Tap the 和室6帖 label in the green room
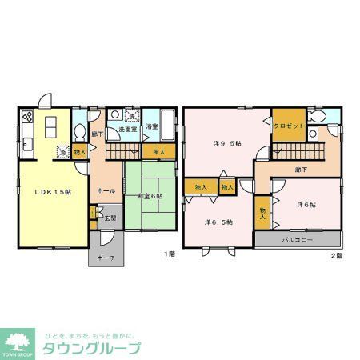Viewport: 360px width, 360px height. tap(150, 196)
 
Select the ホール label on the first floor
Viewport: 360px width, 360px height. tap(105, 192)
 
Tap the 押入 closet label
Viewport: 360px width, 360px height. tap(158, 152)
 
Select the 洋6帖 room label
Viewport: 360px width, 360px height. tap(306, 205)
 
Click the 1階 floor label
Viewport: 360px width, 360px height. tap(169, 255)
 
